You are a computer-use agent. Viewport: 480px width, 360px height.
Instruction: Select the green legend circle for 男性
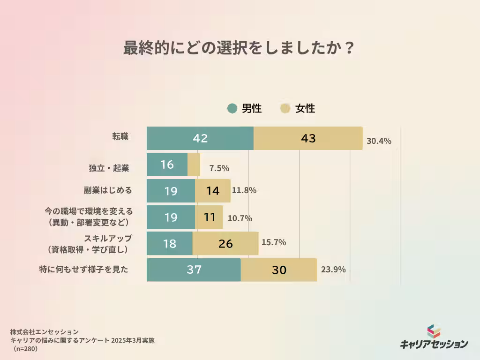pos(232,109)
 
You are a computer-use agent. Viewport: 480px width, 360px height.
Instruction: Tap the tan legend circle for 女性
pos(285,109)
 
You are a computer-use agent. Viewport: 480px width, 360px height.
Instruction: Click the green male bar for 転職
pos(200,138)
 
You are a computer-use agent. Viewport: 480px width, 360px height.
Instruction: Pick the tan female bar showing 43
pos(308,138)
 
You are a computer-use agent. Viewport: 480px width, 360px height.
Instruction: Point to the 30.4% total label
pos(379,141)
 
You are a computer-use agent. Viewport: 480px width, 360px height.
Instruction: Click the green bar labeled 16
pos(167,165)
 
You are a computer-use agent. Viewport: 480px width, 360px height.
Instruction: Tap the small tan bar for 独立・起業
pos(194,165)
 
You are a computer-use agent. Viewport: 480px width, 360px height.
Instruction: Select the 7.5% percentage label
pos(219,168)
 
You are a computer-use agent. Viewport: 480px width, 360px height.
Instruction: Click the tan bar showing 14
pos(213,191)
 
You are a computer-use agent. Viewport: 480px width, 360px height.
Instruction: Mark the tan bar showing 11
pos(209,217)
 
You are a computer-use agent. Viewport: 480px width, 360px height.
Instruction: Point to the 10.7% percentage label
pos(240,218)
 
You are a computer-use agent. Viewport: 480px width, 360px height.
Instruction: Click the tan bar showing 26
pos(225,243)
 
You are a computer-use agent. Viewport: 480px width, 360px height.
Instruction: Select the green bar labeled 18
pos(169,243)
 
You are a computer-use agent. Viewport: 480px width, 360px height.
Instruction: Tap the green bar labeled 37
pos(194,270)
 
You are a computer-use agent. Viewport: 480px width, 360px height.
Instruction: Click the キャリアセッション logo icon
pos(434,331)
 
